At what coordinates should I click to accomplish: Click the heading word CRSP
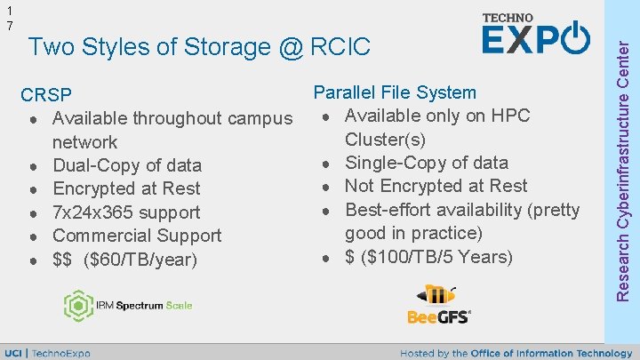(46, 95)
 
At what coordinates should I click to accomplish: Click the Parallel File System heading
(395, 92)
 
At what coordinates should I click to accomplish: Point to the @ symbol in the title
(292, 46)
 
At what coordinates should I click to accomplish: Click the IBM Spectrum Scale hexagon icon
(77, 306)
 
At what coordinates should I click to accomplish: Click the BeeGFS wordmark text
(438, 316)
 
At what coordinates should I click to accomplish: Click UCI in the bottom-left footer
(14, 353)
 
